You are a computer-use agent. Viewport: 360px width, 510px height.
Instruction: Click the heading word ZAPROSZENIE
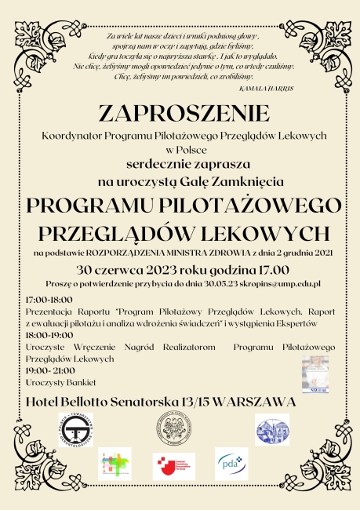point(180,115)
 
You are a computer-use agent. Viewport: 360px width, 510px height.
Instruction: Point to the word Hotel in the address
point(45,402)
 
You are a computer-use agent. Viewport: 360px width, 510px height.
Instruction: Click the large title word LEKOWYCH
point(253,233)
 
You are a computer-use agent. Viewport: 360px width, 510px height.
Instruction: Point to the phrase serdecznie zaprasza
point(180,164)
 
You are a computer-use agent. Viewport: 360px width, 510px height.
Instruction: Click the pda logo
point(231,465)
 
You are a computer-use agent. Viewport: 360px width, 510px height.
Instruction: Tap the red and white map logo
point(173,464)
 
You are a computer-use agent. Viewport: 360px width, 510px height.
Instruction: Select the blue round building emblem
point(271,429)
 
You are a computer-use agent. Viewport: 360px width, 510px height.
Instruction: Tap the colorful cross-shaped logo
point(115,464)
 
